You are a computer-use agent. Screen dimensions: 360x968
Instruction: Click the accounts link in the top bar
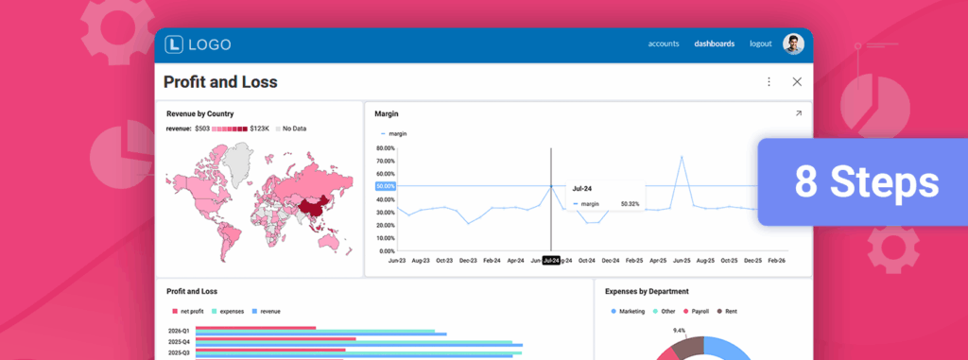coord(663,43)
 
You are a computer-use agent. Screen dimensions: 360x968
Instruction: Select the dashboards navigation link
coord(714,43)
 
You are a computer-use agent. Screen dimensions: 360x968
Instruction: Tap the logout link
coord(761,43)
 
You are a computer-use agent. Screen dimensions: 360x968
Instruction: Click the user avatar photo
coord(792,43)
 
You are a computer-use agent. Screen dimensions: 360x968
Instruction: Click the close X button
coord(797,82)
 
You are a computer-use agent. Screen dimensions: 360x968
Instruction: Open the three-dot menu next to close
coord(769,82)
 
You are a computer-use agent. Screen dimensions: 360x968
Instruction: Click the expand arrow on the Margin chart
coord(798,113)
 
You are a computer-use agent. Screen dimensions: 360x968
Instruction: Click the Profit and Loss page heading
coord(220,82)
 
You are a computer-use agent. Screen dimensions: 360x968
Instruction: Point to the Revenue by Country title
coord(199,113)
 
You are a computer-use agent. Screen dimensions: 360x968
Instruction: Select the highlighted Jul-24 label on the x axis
coord(551,260)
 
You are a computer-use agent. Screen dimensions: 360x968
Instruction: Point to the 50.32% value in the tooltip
coord(631,203)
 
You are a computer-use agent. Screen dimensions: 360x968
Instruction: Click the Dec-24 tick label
coord(610,260)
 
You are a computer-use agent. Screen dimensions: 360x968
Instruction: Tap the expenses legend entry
coord(232,311)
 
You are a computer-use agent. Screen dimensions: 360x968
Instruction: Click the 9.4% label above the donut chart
coord(679,331)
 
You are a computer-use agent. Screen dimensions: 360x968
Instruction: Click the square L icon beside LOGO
coord(174,44)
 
